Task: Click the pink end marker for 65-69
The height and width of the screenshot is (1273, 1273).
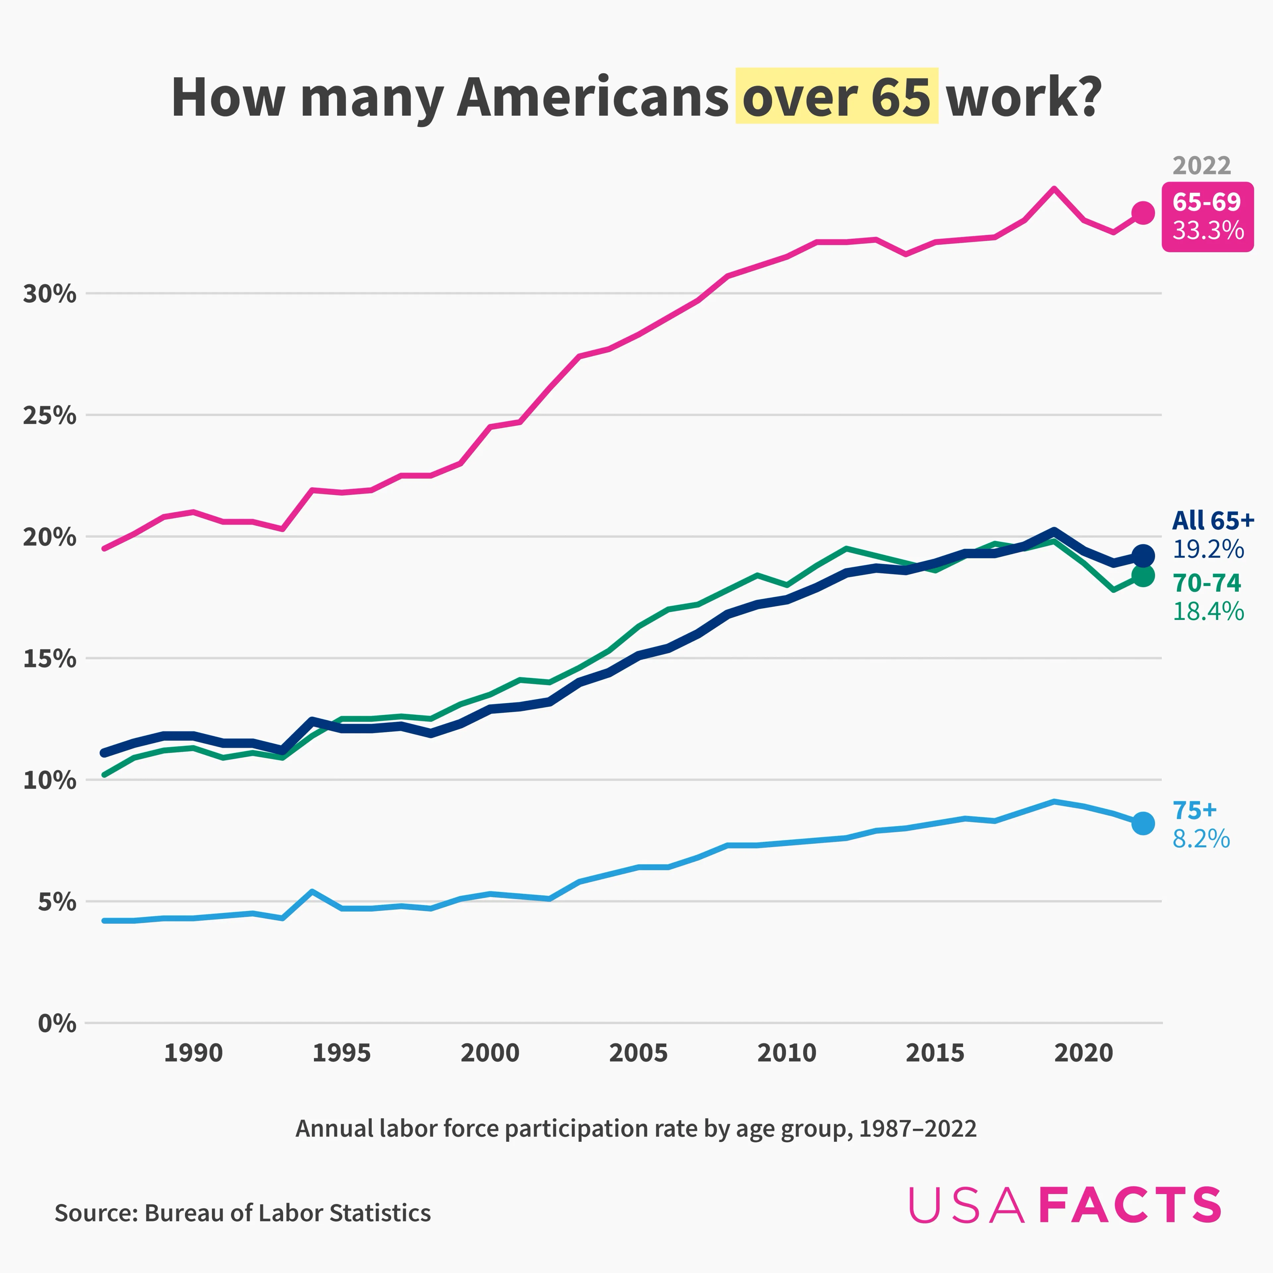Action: coord(1142,213)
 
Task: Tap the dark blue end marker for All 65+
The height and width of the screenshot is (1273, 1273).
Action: coord(1142,556)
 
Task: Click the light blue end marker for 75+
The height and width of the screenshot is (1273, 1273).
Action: coord(1142,823)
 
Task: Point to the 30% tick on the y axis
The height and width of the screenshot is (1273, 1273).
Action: coord(49,294)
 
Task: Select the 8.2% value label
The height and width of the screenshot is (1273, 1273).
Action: coord(1200,839)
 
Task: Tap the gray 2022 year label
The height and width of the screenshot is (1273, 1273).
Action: coord(1201,165)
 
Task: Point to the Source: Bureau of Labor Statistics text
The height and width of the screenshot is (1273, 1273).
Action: coord(242,1212)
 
